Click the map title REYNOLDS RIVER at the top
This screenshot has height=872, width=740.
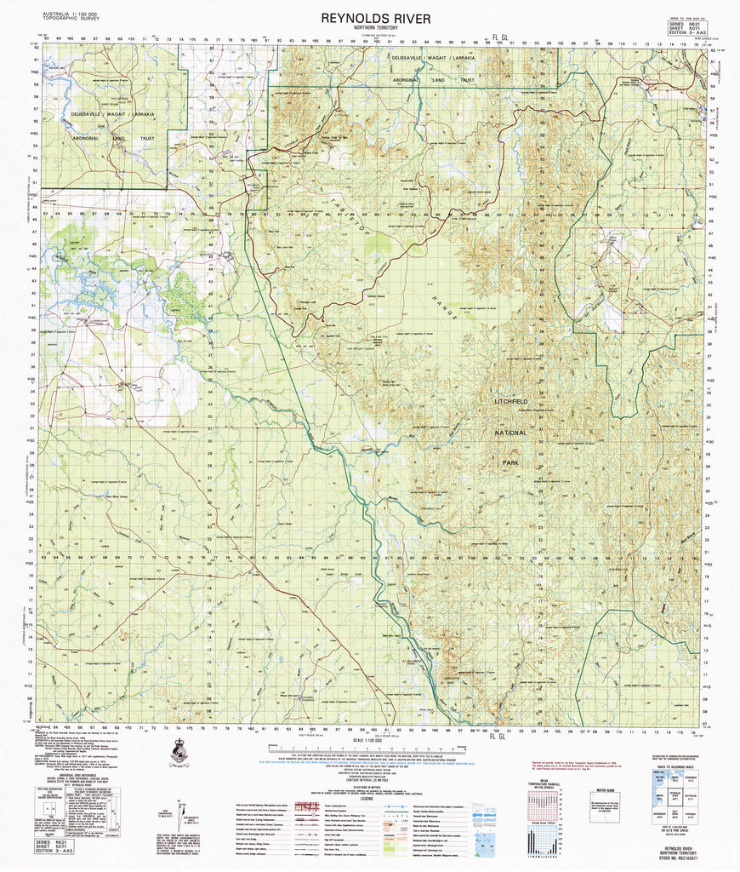(370, 18)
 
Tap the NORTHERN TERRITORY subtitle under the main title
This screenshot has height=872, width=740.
(370, 29)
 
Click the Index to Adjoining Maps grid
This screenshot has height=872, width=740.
(676, 801)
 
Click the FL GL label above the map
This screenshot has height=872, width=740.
(499, 37)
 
